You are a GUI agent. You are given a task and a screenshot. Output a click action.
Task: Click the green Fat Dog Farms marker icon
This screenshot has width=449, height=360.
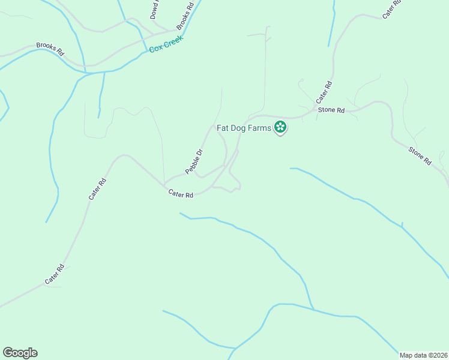pos(280,127)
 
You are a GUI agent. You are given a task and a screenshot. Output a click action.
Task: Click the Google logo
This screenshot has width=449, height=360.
pos(20,353)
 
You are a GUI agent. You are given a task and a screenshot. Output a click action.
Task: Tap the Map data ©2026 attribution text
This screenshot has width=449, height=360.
pos(424,355)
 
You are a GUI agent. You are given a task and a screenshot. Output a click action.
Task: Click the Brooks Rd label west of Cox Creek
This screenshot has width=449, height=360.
pos(50,48)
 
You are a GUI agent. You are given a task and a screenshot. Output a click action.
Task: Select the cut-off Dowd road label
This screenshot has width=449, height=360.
pos(155,9)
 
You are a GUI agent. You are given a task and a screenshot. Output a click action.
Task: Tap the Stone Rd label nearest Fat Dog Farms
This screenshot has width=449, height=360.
pos(331,110)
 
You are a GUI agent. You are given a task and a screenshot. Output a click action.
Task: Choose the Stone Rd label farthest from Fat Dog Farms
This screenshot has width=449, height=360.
pos(420,156)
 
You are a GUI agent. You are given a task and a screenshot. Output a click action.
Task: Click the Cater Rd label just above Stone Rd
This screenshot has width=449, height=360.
pos(324,92)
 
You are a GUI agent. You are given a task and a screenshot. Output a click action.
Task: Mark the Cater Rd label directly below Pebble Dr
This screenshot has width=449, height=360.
pos(181,194)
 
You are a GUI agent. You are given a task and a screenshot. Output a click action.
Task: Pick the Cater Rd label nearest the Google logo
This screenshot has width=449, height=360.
pos(54,275)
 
